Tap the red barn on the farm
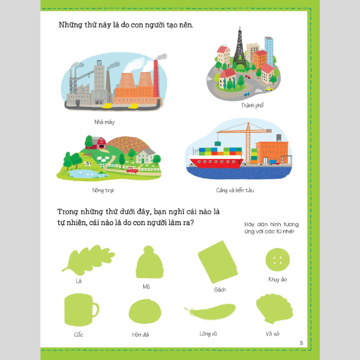point(99,143)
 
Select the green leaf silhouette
point(88,260)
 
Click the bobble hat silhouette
point(149,263)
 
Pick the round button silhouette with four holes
point(278,260)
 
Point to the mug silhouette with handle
point(81,310)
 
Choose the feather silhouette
point(210,312)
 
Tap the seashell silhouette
point(275,308)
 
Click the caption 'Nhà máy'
point(104,122)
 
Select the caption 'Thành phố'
point(252,106)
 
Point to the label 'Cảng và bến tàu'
point(235,190)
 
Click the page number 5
point(301,343)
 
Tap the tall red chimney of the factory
point(156,78)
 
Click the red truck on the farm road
point(132,170)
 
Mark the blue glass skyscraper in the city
point(269,51)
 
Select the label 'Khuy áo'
point(278,280)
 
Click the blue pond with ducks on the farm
point(88,174)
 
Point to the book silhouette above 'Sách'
point(218,262)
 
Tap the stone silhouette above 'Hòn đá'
point(145,311)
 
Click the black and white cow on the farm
point(88,164)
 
